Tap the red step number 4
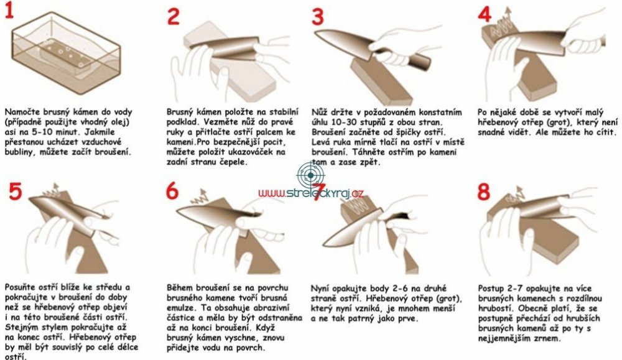point(485,15)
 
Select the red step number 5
point(15,192)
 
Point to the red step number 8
point(484,192)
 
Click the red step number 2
point(174,16)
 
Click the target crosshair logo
point(310,175)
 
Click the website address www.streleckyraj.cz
point(310,193)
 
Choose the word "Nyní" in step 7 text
point(320,288)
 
